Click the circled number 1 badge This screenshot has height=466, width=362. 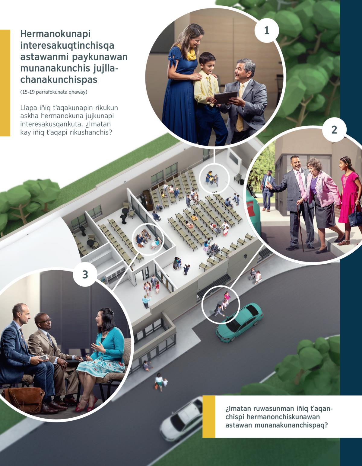[267, 31]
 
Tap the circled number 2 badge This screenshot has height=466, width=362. [334, 130]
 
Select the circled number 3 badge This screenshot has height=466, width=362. [85, 274]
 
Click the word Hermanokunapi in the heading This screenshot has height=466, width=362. [56, 34]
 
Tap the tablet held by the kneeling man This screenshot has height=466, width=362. [226, 97]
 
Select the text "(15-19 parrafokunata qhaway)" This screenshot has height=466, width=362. [54, 92]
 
